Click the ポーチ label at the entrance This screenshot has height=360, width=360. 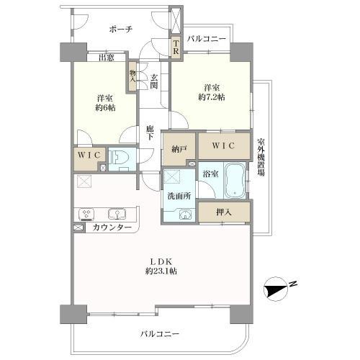click(120, 30)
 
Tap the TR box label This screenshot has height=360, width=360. click(175, 47)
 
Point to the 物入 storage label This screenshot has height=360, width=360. click(133, 76)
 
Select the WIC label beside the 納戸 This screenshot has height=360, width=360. click(225, 146)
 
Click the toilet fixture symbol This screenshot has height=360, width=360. click(120, 156)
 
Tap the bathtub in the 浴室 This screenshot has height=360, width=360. click(235, 181)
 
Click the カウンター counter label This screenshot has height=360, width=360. click(112, 228)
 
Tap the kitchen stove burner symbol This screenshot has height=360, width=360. click(86, 214)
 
